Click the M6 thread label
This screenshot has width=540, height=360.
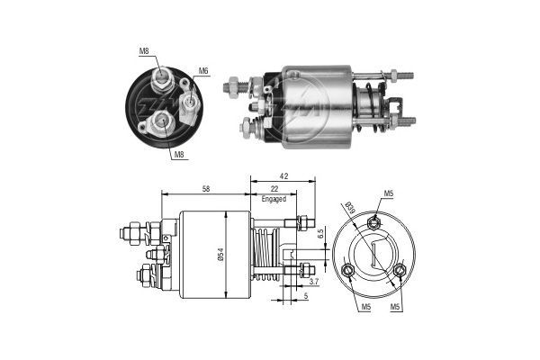click(x=203, y=71)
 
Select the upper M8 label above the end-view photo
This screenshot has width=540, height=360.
click(x=145, y=51)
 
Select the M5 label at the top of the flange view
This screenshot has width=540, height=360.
click(x=389, y=193)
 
